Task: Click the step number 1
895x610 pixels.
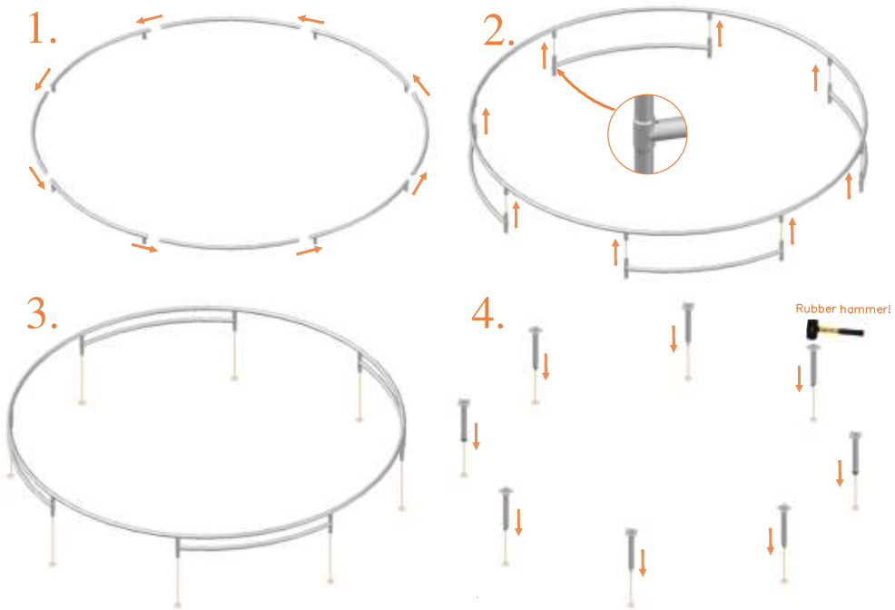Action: (x=42, y=30)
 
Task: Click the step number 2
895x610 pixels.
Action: (x=498, y=32)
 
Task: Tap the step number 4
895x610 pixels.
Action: (x=487, y=313)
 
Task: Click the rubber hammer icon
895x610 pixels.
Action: (x=831, y=333)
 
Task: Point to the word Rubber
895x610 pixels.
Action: (x=815, y=310)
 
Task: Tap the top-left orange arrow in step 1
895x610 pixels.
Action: (x=150, y=18)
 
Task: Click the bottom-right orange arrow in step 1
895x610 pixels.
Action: (x=309, y=250)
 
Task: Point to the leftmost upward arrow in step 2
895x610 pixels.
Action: (x=487, y=121)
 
